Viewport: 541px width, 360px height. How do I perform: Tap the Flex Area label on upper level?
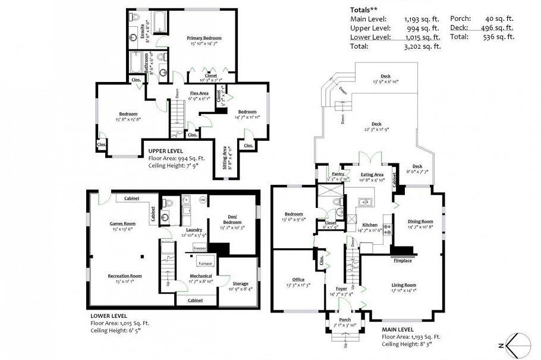199,93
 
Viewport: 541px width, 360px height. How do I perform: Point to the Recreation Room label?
124,276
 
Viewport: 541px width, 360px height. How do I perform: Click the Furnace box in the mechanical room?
205,263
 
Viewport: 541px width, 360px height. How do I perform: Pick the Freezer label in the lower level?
199,248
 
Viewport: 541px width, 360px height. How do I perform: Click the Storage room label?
240,283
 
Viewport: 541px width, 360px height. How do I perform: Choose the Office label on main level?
298,279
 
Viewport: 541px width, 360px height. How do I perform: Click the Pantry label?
338,174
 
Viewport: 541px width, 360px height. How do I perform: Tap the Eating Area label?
372,174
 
